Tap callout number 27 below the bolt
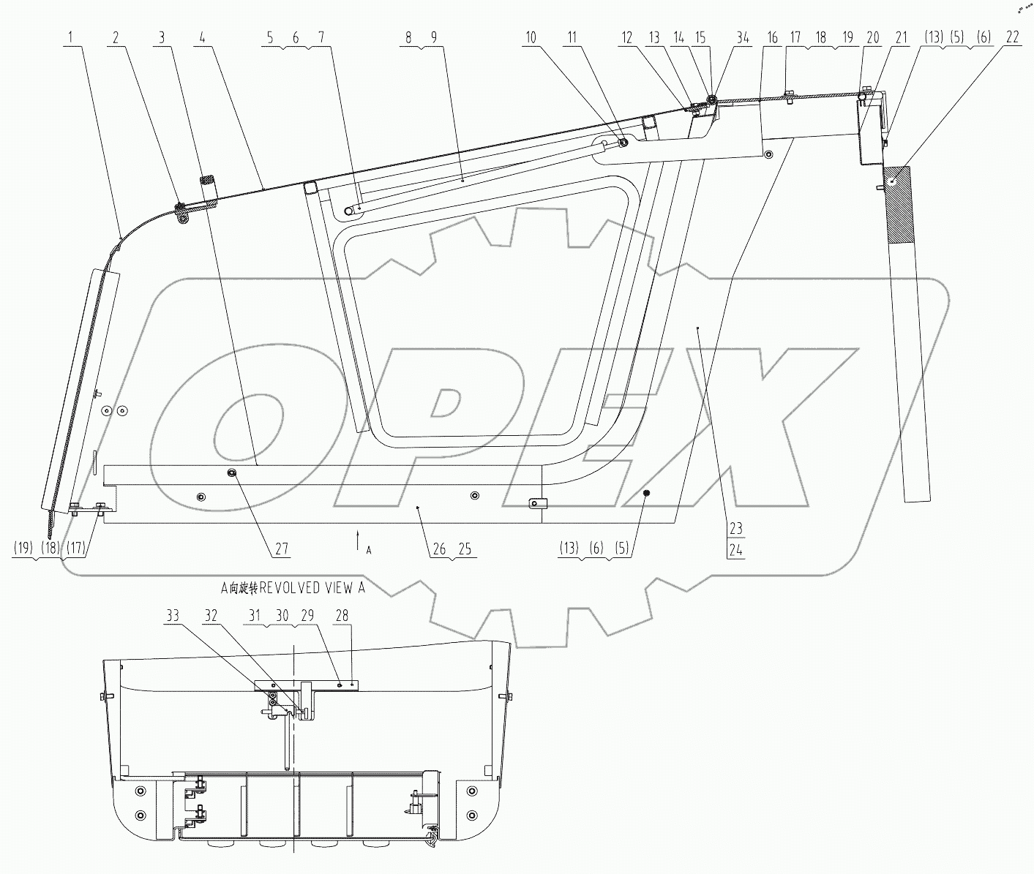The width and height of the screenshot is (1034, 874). click(x=282, y=549)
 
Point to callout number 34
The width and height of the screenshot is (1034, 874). click(x=744, y=38)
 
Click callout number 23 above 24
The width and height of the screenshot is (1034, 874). click(x=735, y=528)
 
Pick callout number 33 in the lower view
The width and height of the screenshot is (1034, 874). click(x=172, y=617)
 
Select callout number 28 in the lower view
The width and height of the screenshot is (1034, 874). click(x=341, y=617)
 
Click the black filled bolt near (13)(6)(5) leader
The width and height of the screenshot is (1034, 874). click(x=647, y=494)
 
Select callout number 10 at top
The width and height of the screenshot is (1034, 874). click(x=531, y=38)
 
